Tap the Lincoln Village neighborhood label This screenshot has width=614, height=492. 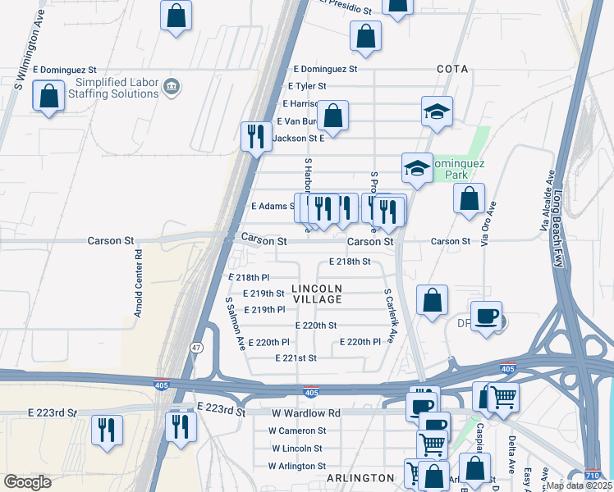317,294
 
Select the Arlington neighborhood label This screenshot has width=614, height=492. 360,478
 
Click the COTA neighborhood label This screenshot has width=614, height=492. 452,70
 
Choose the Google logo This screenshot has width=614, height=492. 28,481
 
